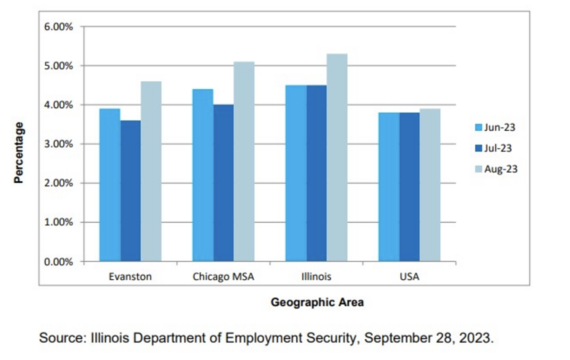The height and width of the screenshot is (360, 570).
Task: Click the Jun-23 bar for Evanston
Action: click(110, 185)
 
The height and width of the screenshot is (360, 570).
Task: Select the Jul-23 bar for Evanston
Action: click(130, 191)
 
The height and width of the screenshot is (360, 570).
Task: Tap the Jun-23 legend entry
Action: click(495, 128)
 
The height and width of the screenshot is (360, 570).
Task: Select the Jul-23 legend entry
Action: click(495, 148)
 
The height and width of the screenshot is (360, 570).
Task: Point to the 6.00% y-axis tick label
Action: click(56, 26)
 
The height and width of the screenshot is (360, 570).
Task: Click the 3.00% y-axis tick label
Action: click(56, 144)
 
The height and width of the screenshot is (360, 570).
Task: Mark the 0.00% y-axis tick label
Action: click(56, 262)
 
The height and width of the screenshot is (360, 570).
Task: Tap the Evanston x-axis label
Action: click(130, 274)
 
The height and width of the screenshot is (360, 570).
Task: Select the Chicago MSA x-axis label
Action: click(223, 274)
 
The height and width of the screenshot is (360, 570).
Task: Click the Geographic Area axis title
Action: click(317, 301)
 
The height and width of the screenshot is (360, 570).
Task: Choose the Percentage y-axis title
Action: click(18, 152)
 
